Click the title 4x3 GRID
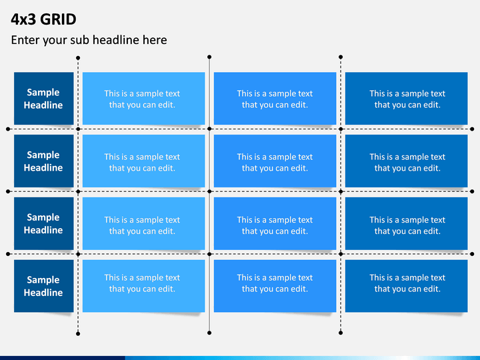coord(43,19)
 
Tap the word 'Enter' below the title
coord(25,40)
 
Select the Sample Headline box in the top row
coord(44,98)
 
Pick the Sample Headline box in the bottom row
coord(44,286)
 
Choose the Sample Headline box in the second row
coord(44,161)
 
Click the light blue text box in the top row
coord(143,98)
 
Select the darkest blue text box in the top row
coord(406,98)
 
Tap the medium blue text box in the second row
coord(275,161)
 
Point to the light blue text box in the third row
coord(143,223)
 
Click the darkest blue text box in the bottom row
coord(406,286)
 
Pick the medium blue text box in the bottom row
coord(275,286)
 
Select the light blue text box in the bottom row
coord(143,286)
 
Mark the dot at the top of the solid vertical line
coord(209,57)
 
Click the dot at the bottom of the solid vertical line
coord(209,333)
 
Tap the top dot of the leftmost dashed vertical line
coord(78,58)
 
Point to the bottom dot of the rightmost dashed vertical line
coord(341,333)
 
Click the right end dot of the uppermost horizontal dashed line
coord(472,129)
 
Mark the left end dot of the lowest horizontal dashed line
coord(8,254)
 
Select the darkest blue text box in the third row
coord(406,223)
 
